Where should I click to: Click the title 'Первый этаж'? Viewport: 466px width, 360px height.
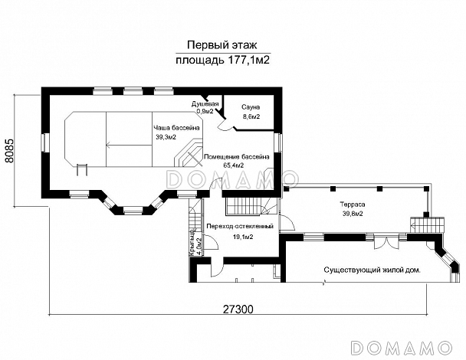(222, 45)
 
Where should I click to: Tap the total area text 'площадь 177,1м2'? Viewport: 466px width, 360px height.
(222, 61)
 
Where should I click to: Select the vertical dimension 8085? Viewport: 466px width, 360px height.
(9, 151)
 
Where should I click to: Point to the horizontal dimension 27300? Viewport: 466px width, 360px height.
(238, 309)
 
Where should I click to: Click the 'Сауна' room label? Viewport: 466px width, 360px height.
(251, 107)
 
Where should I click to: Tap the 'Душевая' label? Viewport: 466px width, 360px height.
(205, 104)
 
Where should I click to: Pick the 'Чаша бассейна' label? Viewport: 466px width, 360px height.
(176, 128)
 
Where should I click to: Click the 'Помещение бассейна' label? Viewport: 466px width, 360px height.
(236, 156)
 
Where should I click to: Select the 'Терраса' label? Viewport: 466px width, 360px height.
(353, 205)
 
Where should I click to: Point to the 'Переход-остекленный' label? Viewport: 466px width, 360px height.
(240, 227)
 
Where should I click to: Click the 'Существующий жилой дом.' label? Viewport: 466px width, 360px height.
(372, 270)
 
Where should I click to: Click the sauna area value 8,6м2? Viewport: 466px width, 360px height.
(251, 116)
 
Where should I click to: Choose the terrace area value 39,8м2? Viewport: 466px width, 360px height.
(353, 214)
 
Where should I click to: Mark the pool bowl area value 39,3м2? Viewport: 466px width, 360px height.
(166, 137)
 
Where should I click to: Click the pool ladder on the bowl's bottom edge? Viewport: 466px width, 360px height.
(82, 169)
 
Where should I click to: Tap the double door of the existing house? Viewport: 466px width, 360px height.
(386, 242)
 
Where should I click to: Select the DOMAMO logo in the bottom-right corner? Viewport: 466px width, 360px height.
(402, 348)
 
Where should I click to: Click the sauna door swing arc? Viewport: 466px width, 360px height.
(225, 126)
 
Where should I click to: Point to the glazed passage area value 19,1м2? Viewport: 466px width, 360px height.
(243, 237)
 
